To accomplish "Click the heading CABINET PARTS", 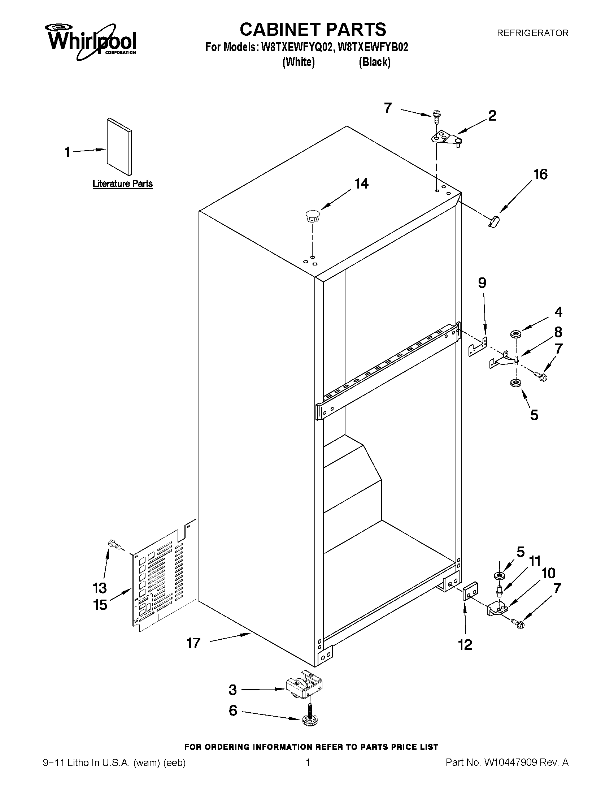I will tap(313, 29).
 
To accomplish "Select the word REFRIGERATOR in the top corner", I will tap(532, 33).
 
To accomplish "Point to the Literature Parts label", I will tap(123, 183).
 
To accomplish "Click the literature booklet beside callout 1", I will tap(119, 146).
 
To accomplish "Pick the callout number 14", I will tap(362, 184).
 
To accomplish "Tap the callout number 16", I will tap(540, 174).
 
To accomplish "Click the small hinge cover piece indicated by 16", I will tap(493, 221).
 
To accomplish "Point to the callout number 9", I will tap(482, 283).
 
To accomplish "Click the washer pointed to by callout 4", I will tap(515, 334).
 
